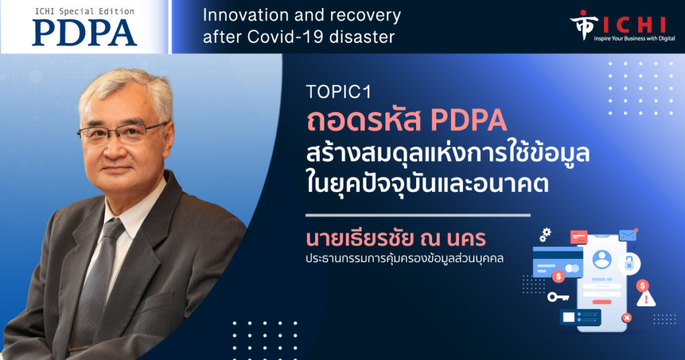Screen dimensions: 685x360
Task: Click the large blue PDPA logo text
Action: (84, 32)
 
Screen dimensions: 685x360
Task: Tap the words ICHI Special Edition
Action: (84, 11)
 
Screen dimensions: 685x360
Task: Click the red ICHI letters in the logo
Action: (634, 25)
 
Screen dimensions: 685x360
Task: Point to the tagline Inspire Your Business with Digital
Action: (634, 38)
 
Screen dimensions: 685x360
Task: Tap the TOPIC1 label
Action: (338, 92)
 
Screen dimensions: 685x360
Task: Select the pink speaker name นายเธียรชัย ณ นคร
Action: (396, 238)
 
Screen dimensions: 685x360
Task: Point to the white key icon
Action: (559, 297)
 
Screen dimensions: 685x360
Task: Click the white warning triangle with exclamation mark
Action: (646, 299)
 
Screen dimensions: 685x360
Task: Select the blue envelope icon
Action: (627, 235)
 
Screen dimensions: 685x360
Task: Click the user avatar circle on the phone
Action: (602, 259)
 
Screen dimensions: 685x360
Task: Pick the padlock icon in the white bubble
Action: (629, 264)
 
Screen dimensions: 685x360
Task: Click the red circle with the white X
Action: (627, 318)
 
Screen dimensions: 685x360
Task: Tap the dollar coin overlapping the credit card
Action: (559, 276)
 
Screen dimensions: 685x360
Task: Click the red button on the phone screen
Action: (601, 302)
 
